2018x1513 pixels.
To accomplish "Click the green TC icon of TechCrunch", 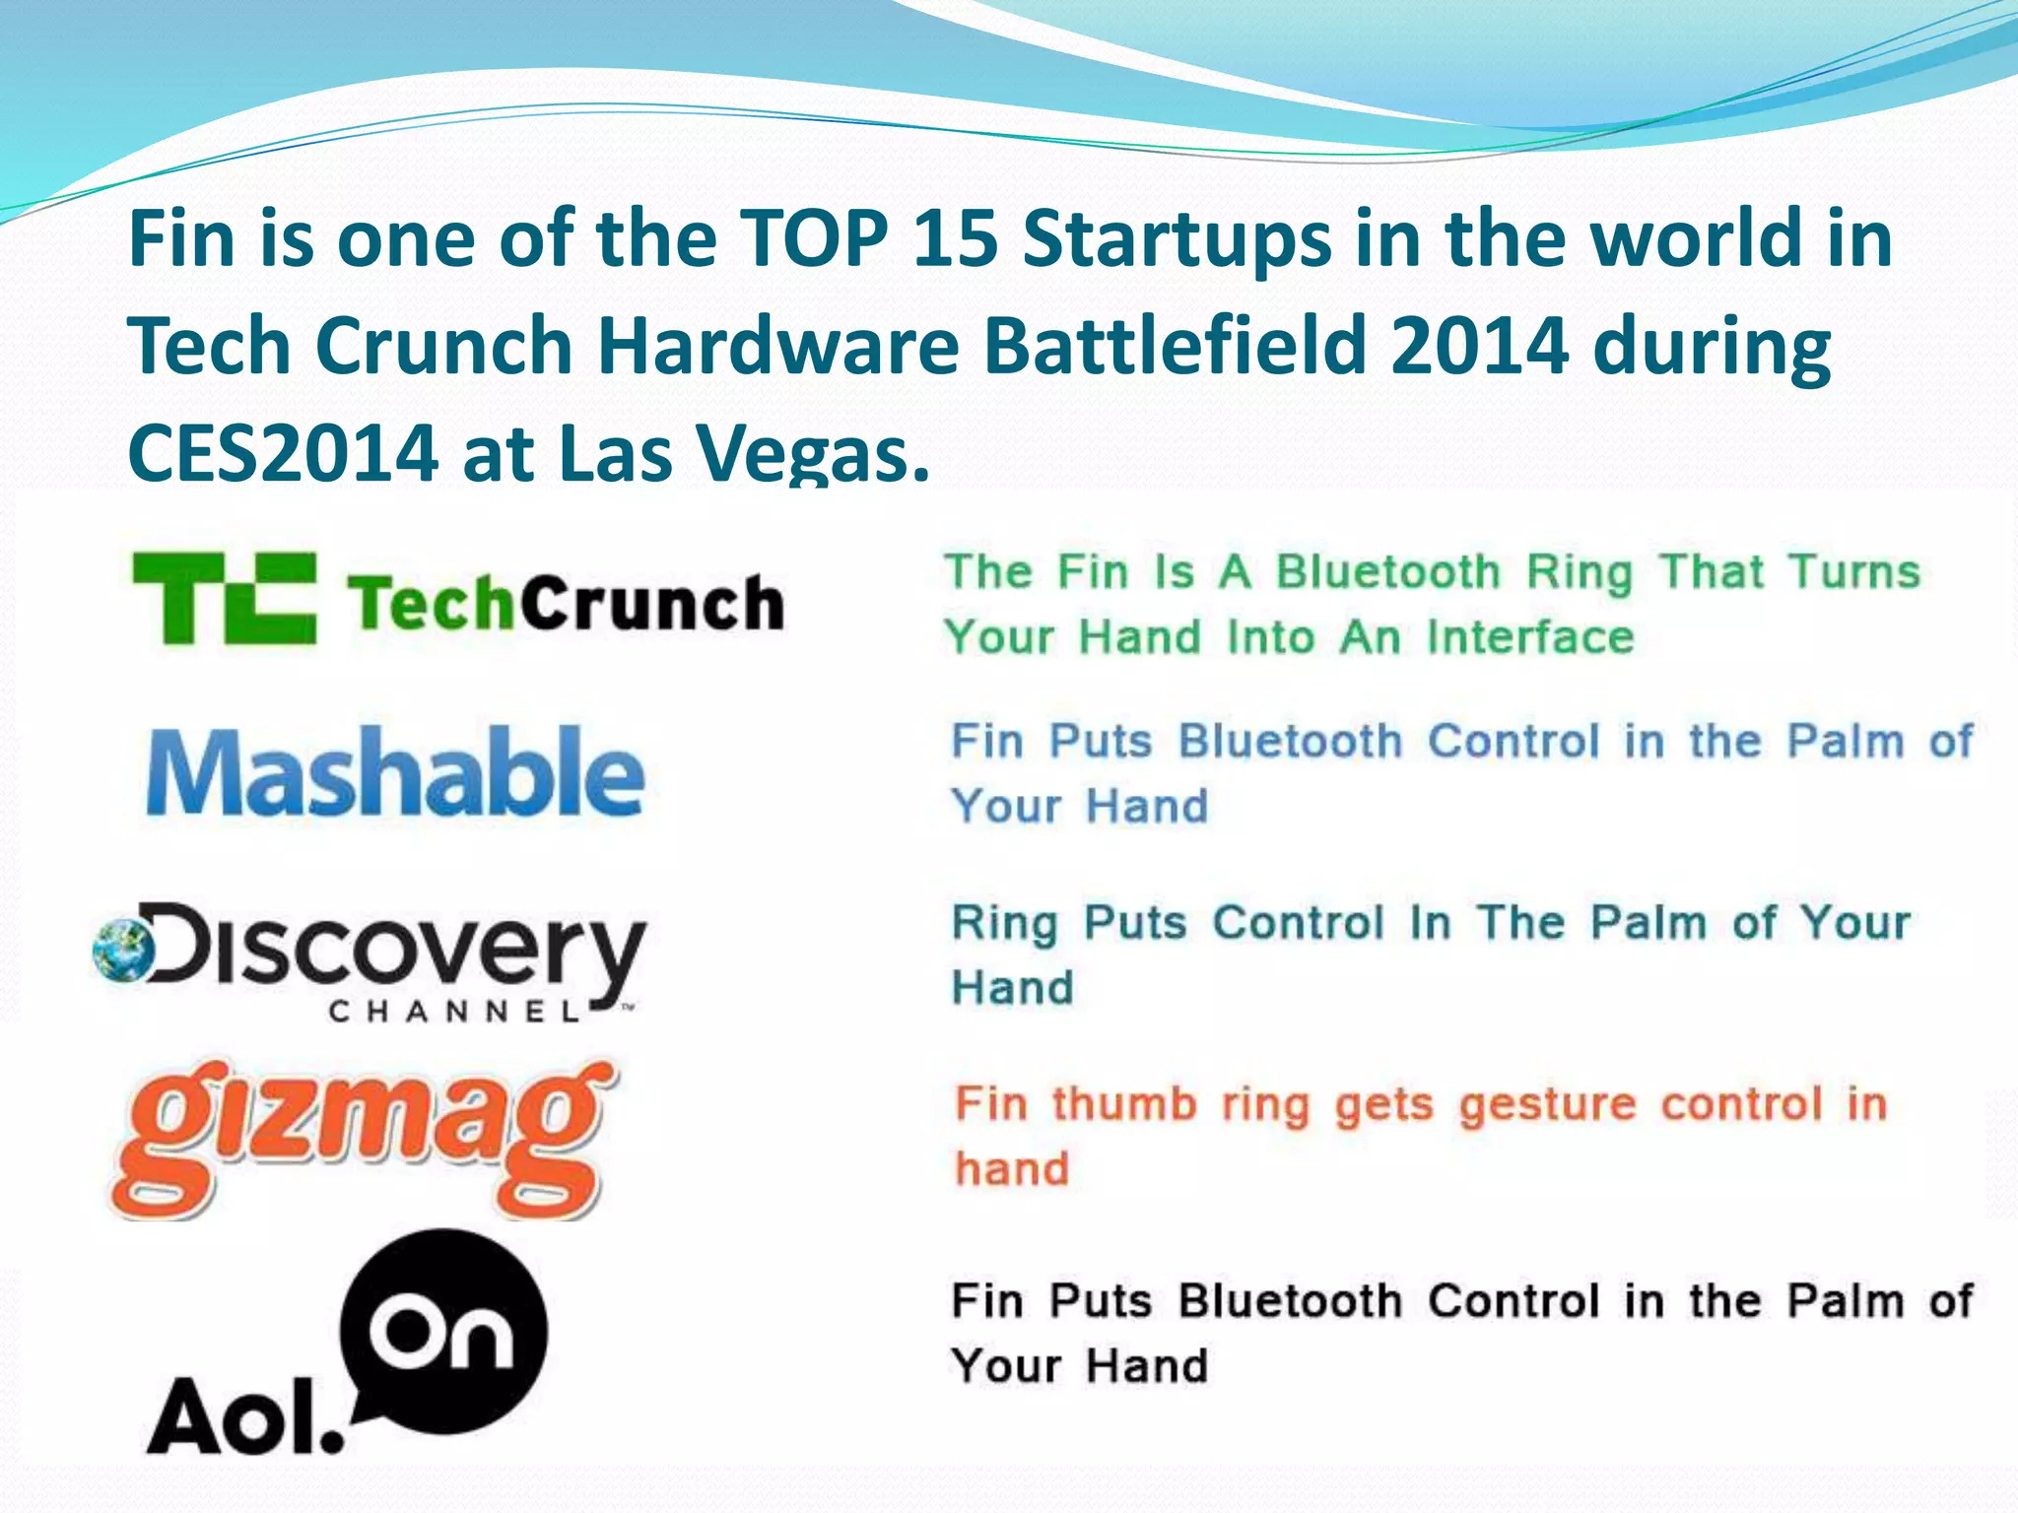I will [225, 598].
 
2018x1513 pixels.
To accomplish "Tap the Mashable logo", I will [394, 772].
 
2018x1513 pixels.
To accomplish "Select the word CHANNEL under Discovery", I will [454, 1012].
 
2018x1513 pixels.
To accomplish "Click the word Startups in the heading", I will [1177, 240].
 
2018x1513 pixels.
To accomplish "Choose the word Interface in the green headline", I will [1530, 636].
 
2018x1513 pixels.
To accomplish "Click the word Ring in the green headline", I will [1580, 573].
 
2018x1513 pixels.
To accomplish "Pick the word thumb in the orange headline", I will [1123, 1103].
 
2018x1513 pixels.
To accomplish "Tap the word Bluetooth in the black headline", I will [1290, 1300].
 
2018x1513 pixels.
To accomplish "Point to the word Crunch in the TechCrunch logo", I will [651, 602].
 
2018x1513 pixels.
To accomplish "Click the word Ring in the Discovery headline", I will [1004, 924].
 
